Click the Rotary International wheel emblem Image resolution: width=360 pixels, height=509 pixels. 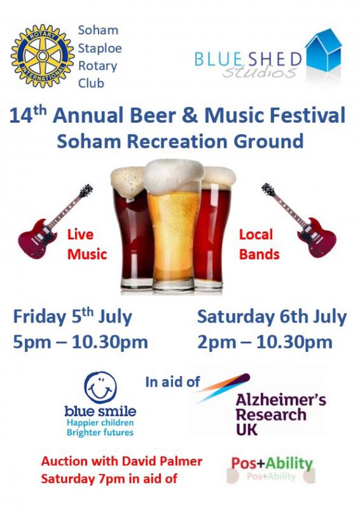[43, 56]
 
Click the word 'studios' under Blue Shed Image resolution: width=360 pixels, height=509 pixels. [260, 72]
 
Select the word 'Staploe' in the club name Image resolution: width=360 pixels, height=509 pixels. [100, 48]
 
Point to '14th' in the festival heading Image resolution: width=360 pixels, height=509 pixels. [28, 115]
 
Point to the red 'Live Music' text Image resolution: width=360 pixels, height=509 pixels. [87, 244]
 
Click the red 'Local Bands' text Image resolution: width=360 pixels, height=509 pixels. [259, 244]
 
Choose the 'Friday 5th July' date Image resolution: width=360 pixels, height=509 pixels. [73, 316]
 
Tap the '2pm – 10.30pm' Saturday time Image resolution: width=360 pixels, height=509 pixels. [265, 342]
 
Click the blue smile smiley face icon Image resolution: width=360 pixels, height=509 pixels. [100, 387]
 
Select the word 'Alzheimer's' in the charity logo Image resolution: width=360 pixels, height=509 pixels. [281, 400]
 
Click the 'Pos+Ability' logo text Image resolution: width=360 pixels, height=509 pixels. [272, 464]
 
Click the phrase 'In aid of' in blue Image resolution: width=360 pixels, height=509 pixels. [172, 382]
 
